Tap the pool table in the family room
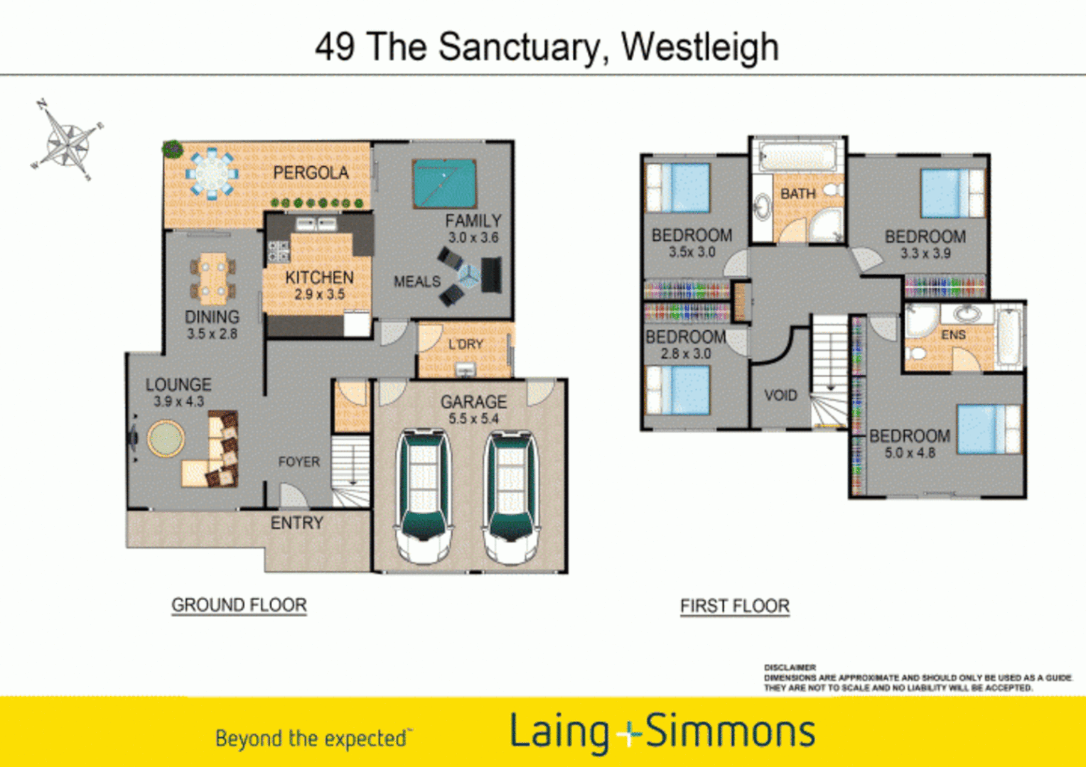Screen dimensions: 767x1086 (444, 183)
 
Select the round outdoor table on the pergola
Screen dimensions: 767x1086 (210, 173)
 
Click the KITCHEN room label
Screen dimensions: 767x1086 (319, 277)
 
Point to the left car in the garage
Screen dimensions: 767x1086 (424, 496)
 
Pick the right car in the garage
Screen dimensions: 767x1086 (510, 496)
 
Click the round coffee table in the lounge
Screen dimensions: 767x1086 (166, 439)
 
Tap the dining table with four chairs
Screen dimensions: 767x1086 (213, 279)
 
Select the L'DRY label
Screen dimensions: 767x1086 (466, 344)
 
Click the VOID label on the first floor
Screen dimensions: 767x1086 (780, 396)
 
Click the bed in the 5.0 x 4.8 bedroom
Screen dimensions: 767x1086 (989, 429)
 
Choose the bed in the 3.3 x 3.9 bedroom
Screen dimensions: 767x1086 (952, 193)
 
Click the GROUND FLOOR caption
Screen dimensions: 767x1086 (239, 605)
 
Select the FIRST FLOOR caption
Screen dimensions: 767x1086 (735, 606)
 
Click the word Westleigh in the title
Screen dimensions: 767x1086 (699, 47)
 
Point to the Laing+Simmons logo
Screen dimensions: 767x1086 (662, 732)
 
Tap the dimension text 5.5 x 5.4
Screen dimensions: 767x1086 (473, 419)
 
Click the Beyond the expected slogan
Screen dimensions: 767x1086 (311, 739)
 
